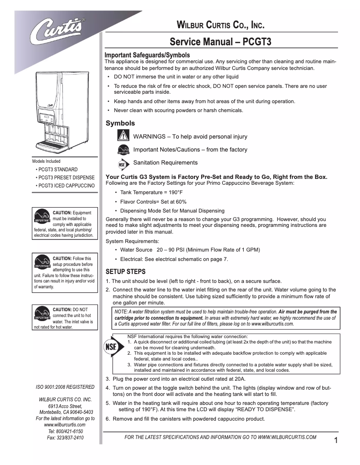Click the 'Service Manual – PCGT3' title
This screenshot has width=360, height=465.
[x=220, y=43]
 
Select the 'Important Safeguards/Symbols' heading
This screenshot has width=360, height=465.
[x=147, y=55]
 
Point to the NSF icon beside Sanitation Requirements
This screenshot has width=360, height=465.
[x=123, y=164]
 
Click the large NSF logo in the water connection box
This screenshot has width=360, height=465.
[x=111, y=348]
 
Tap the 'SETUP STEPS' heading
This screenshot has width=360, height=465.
[x=125, y=272]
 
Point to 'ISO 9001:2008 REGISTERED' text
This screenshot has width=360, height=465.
[x=65, y=387]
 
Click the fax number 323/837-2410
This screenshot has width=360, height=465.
[x=65, y=437]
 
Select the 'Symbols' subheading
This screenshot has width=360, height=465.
[x=120, y=123]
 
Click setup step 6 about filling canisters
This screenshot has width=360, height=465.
[x=185, y=419]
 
